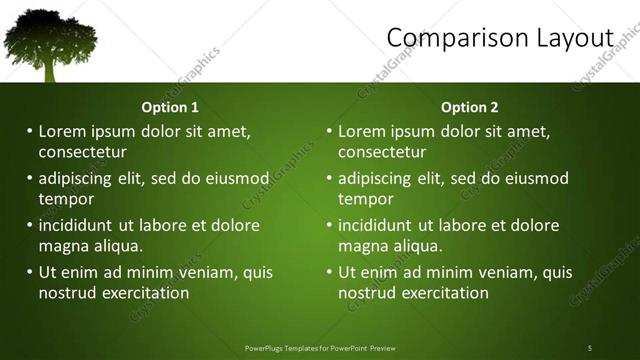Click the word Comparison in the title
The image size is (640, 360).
pyautogui.click(x=451, y=38)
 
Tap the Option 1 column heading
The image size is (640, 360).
pyautogui.click(x=170, y=107)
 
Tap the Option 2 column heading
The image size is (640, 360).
pyautogui.click(x=469, y=107)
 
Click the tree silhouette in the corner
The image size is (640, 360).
pyautogui.click(x=49, y=38)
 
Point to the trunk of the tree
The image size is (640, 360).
pyautogui.click(x=50, y=70)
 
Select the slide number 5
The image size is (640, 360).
pyautogui.click(x=590, y=347)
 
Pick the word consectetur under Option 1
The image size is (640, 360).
pyautogui.click(x=83, y=152)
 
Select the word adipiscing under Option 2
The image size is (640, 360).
pyautogui.click(x=375, y=179)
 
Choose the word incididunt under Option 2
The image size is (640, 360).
pyautogui.click(x=377, y=225)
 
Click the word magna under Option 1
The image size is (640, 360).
pyautogui.click(x=63, y=246)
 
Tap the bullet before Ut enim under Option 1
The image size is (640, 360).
pyautogui.click(x=30, y=272)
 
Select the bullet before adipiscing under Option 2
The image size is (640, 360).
pyautogui.click(x=329, y=179)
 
